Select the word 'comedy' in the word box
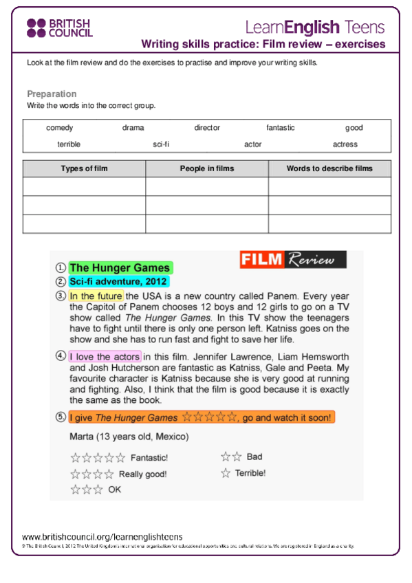(x=60, y=128)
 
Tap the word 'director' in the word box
(x=207, y=128)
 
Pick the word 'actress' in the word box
(x=345, y=144)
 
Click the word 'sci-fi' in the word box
(x=161, y=144)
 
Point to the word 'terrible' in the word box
(x=69, y=144)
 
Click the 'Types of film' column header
(x=84, y=168)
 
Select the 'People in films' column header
(x=206, y=168)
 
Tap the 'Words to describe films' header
(x=329, y=168)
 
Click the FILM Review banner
(x=293, y=260)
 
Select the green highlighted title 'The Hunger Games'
(x=120, y=268)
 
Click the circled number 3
(x=61, y=296)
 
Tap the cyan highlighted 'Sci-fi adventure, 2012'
(x=118, y=281)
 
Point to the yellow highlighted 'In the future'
(x=96, y=296)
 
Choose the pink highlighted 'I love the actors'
(x=105, y=356)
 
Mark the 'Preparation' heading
(x=52, y=93)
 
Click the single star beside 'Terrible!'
(x=225, y=473)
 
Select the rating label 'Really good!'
(x=143, y=474)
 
